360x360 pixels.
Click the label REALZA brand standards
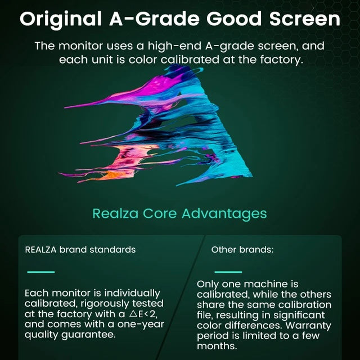pos(80,249)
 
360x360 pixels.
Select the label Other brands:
pos(242,249)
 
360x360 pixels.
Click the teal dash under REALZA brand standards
pos(41,272)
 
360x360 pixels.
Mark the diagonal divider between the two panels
pos(188,292)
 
